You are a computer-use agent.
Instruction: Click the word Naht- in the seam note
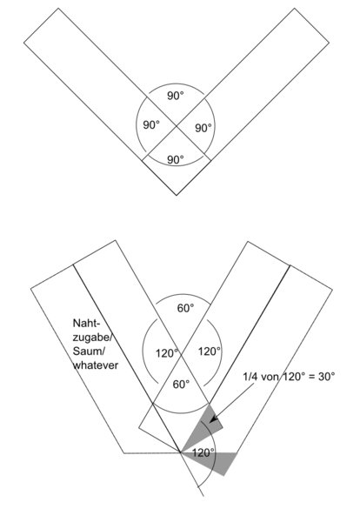pyautogui.click(x=86, y=324)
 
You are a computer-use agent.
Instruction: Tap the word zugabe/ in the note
pyautogui.click(x=91, y=338)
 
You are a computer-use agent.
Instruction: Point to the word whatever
pyautogui.click(x=96, y=365)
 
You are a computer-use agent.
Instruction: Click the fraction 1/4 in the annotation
pyautogui.click(x=250, y=377)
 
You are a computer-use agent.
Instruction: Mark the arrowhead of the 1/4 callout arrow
pyautogui.click(x=212, y=418)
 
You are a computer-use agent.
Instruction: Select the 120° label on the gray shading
pyautogui.click(x=203, y=452)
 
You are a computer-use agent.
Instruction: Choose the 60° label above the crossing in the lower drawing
pyautogui.click(x=185, y=308)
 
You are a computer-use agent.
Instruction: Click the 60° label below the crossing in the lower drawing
pyautogui.click(x=181, y=385)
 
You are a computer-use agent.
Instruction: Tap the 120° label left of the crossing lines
pyautogui.click(x=167, y=353)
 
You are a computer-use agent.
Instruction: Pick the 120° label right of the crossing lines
pyautogui.click(x=210, y=351)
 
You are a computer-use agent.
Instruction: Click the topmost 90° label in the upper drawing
pyautogui.click(x=176, y=96)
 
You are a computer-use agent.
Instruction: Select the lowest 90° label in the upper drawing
pyautogui.click(x=176, y=160)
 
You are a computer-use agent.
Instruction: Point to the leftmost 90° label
pyautogui.click(x=151, y=125)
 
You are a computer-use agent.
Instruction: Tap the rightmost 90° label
pyautogui.click(x=203, y=128)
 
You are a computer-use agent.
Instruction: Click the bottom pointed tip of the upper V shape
pyautogui.click(x=177, y=195)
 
